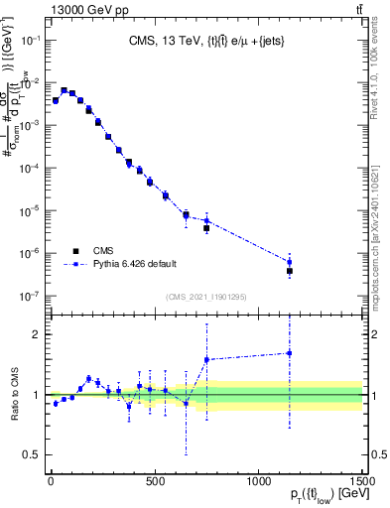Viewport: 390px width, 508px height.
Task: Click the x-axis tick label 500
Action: [155, 481]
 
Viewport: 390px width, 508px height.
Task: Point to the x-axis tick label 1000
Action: [258, 481]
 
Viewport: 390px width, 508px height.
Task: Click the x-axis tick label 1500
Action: [361, 481]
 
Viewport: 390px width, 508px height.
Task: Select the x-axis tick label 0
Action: [51, 481]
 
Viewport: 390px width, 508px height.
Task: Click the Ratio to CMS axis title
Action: [18, 394]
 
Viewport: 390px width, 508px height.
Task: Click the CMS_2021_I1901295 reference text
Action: [206, 297]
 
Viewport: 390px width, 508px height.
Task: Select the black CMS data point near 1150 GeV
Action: [289, 271]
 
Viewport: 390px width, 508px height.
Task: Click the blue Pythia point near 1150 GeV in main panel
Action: [289, 262]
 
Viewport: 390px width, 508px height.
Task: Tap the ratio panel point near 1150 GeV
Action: [289, 353]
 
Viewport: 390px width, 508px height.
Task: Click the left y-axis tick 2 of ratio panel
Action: [38, 334]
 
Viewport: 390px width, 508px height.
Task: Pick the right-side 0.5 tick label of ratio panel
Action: [378, 454]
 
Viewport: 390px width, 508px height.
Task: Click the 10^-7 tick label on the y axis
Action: [31, 297]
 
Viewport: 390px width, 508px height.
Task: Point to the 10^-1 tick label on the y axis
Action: [31, 40]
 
